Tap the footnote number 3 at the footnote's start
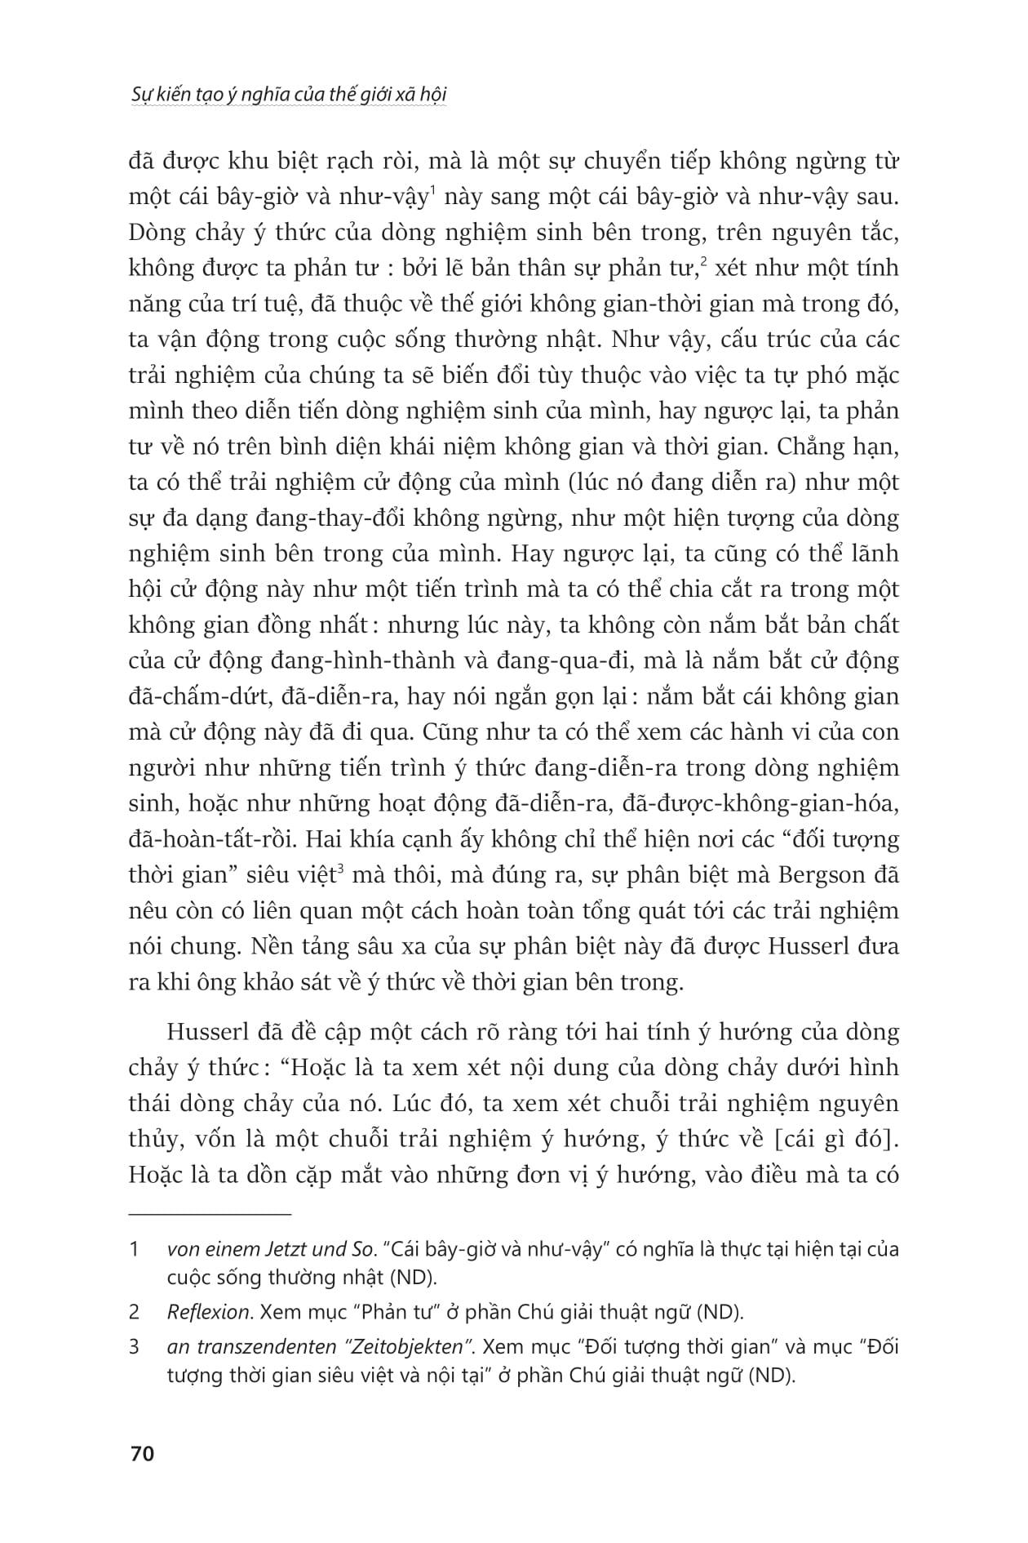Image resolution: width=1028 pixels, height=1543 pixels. tap(135, 1346)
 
